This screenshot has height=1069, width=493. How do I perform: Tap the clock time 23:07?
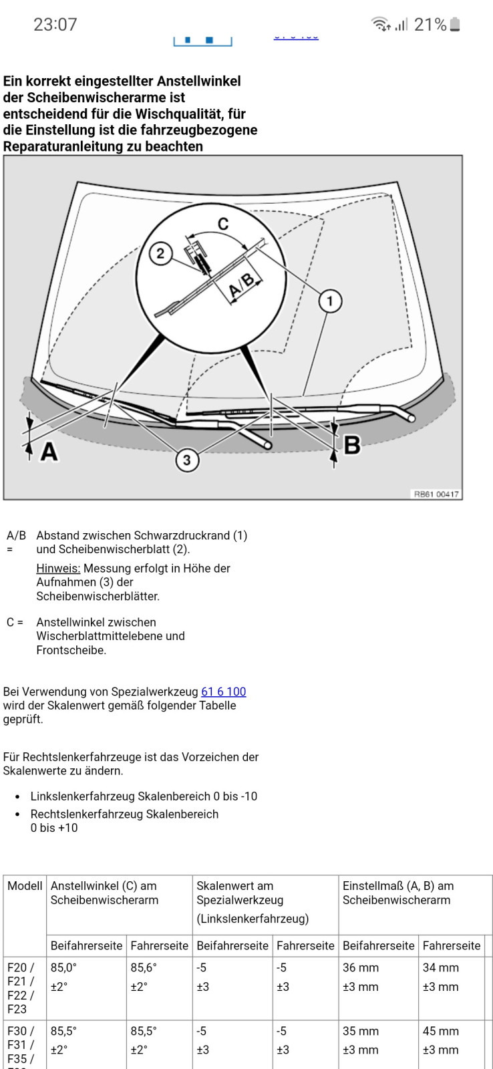click(x=55, y=25)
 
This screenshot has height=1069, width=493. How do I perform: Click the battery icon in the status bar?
click(x=455, y=25)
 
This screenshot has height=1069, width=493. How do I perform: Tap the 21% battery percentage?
click(x=430, y=25)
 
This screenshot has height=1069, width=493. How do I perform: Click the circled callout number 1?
click(x=329, y=301)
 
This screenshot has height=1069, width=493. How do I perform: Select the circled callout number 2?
click(x=160, y=253)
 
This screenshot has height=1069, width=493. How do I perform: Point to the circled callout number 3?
click(x=187, y=460)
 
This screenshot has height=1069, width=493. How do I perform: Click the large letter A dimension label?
click(x=49, y=452)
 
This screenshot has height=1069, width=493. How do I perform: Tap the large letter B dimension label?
click(x=352, y=445)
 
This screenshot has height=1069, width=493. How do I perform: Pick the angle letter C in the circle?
click(x=223, y=224)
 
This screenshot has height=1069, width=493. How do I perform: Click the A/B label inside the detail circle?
click(x=242, y=285)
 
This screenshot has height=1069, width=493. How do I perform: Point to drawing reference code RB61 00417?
click(x=436, y=494)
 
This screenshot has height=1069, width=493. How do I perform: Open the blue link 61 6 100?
click(x=223, y=692)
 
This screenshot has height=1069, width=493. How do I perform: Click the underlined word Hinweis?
click(x=58, y=568)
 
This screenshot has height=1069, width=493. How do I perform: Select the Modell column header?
click(x=25, y=885)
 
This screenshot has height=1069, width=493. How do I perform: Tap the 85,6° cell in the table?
click(x=142, y=967)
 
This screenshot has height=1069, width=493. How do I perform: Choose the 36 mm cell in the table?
click(x=360, y=967)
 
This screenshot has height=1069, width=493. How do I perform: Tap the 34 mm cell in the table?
click(x=440, y=967)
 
